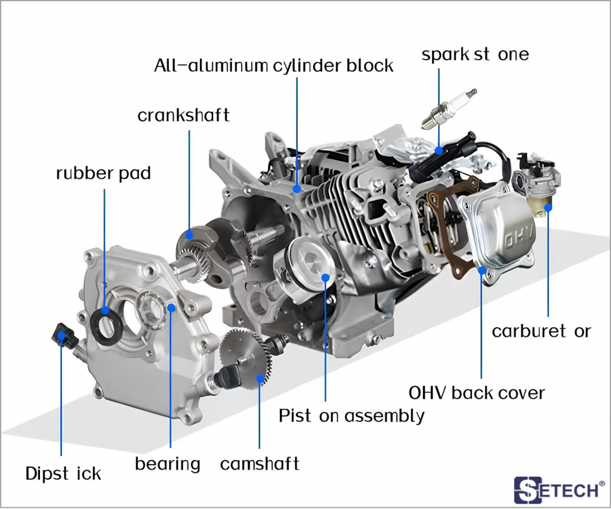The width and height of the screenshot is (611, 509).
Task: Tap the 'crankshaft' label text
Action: (183, 115)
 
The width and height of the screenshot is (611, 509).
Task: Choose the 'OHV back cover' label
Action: (476, 393)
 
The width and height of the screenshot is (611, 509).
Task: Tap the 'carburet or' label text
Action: (541, 331)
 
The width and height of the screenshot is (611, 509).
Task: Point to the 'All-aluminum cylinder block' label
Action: (273, 65)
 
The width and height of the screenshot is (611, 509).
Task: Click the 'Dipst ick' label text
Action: (63, 474)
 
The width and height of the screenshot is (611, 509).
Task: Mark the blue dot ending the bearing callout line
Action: (171, 308)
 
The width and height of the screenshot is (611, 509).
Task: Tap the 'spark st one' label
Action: (475, 55)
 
